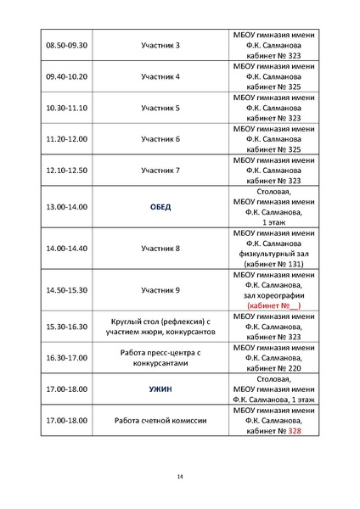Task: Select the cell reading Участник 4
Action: point(160,76)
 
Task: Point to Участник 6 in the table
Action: point(160,138)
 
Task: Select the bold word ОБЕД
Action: point(160,206)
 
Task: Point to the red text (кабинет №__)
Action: point(274,305)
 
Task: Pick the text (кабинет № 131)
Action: point(274,263)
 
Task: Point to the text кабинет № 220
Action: point(274,367)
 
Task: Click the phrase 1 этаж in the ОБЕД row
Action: point(274,221)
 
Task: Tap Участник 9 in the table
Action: point(160,289)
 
